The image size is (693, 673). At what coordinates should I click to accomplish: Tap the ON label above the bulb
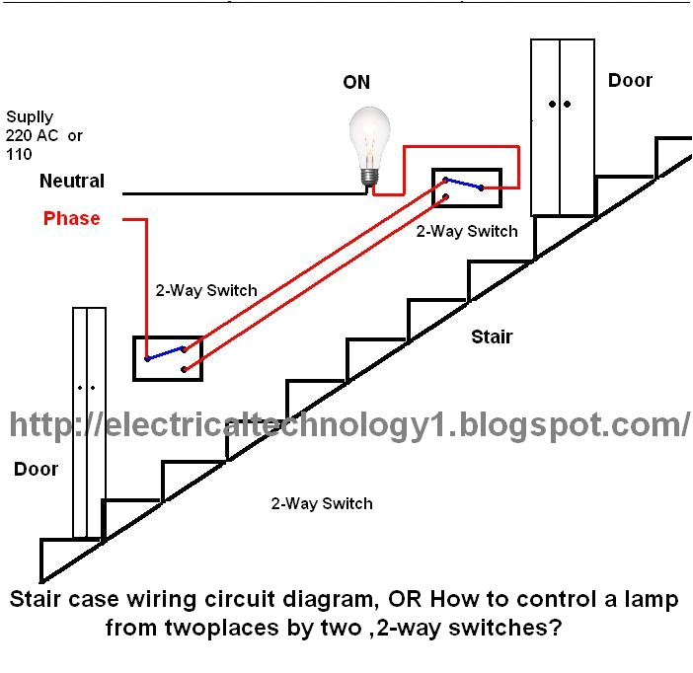[356, 83]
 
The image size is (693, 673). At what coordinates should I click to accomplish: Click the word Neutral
[72, 182]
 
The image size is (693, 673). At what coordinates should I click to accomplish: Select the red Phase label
[71, 218]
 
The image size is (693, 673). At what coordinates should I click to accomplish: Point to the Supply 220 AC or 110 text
[43, 135]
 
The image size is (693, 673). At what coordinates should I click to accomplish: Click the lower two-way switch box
[168, 358]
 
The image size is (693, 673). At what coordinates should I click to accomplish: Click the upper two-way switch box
[465, 188]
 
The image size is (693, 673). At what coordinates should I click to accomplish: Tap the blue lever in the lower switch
[165, 352]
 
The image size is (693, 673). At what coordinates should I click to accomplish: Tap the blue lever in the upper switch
[462, 183]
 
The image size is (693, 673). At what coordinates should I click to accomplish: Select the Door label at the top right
[630, 81]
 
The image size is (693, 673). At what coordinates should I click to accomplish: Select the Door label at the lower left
[36, 470]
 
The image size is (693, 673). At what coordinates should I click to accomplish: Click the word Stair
[491, 337]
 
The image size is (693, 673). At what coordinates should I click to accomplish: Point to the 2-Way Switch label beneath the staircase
[322, 503]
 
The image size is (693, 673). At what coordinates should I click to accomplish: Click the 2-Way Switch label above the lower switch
[206, 291]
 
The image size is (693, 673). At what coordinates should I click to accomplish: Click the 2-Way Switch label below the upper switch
[466, 231]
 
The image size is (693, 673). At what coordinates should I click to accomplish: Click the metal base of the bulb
[369, 175]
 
